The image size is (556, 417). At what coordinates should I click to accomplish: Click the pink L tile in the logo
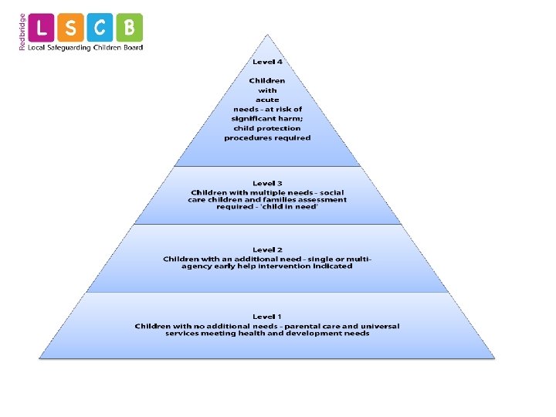tap(42, 28)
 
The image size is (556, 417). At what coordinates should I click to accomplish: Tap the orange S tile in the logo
tap(71, 28)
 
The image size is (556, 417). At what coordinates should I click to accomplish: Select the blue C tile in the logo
tap(100, 28)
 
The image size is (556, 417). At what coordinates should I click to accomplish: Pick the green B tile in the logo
tap(130, 28)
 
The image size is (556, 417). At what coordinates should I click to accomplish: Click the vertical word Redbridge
tap(22, 32)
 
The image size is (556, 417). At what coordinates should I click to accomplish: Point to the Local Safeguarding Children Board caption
tap(85, 48)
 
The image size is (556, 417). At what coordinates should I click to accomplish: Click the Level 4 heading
tap(267, 62)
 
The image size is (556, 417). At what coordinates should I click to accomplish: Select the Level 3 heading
tap(267, 183)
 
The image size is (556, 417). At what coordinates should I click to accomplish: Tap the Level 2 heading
tap(267, 250)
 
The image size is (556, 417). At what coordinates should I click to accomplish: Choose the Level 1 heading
tap(267, 317)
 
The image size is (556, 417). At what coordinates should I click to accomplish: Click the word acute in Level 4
tap(267, 100)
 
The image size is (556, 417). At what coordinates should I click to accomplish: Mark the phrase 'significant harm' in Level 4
tap(267, 119)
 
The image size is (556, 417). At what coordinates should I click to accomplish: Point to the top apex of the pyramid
tap(268, 36)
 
